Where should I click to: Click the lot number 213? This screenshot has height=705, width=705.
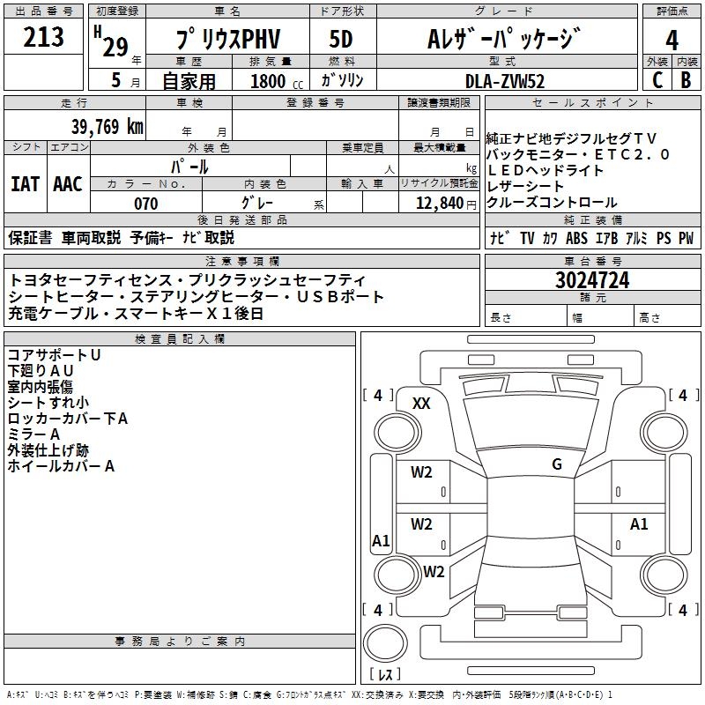click(x=44, y=37)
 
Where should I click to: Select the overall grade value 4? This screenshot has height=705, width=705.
click(x=672, y=41)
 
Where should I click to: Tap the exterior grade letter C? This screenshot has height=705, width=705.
click(x=657, y=79)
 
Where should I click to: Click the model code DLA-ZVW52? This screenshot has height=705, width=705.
click(x=505, y=80)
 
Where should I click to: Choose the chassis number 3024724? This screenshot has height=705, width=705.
click(x=592, y=280)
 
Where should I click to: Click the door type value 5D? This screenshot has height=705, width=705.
click(x=340, y=40)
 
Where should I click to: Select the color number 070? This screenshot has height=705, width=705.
click(x=145, y=204)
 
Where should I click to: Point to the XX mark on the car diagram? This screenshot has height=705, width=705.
click(x=421, y=403)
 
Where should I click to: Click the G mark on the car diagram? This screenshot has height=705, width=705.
click(x=557, y=464)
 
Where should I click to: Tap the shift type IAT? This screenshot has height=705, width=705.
click(x=25, y=183)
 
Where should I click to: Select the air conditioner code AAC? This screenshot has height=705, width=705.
click(x=68, y=183)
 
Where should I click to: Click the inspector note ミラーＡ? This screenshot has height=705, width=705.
click(x=33, y=434)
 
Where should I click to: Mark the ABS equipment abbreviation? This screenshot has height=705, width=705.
click(x=576, y=238)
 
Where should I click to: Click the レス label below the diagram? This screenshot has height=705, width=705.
click(x=385, y=674)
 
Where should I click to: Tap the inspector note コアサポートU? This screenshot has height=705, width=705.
click(x=54, y=354)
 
